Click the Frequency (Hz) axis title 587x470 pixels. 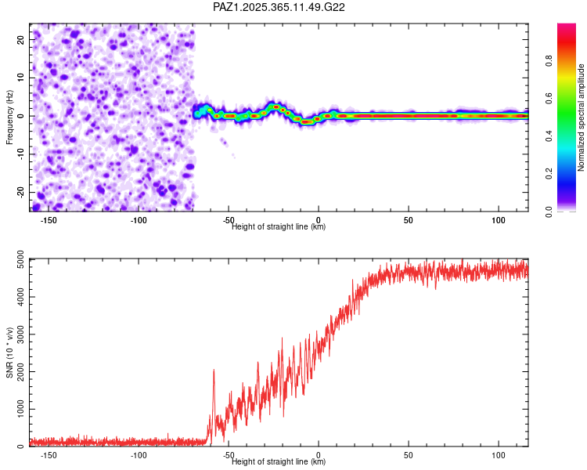pyautogui.click(x=10, y=116)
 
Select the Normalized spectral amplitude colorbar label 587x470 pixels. pyautogui.click(x=582, y=117)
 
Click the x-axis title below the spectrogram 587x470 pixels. pyautogui.click(x=279, y=227)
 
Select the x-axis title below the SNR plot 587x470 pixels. pyautogui.click(x=279, y=462)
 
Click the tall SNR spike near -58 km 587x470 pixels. pyautogui.click(x=213, y=371)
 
